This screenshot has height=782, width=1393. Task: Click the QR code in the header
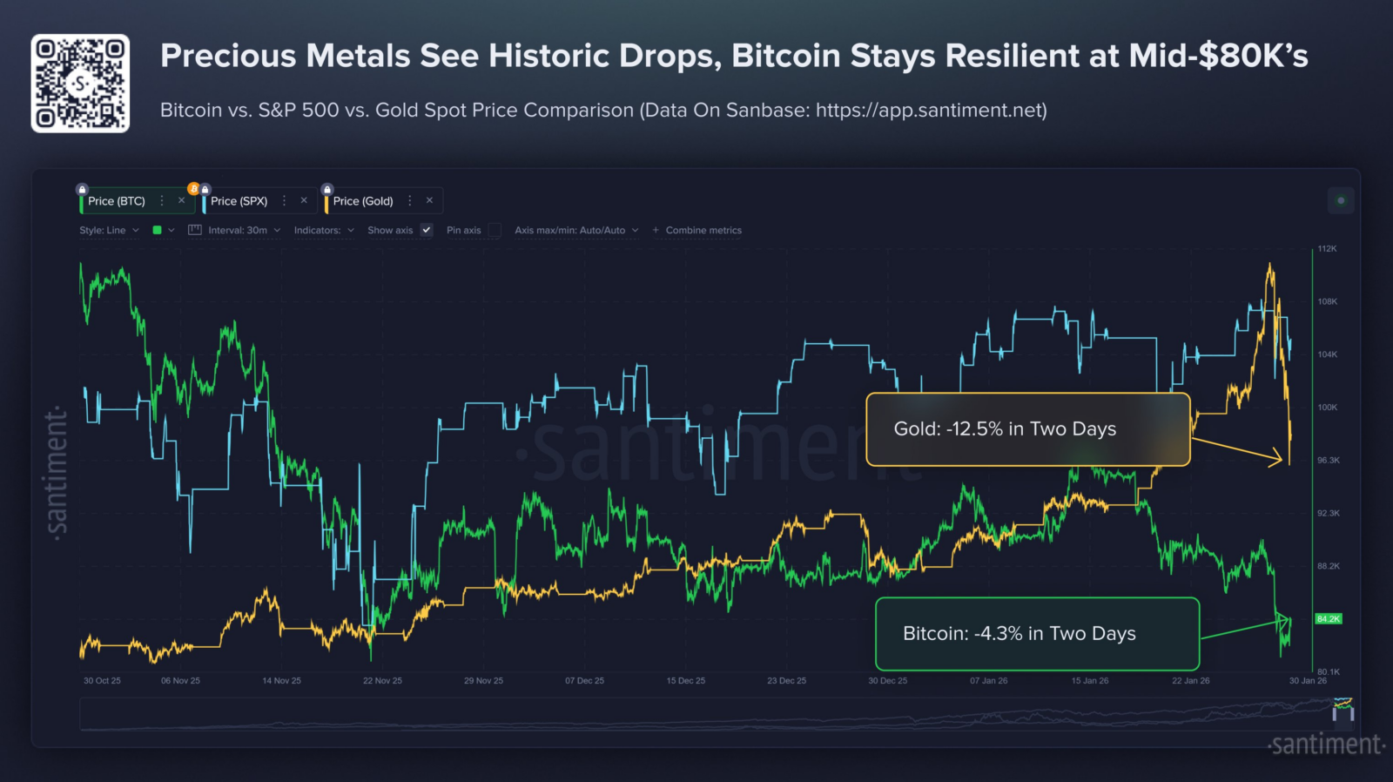click(x=80, y=84)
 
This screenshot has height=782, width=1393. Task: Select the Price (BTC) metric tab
click(x=117, y=201)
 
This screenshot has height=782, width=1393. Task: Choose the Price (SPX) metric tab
click(x=239, y=201)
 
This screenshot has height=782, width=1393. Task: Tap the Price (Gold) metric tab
click(x=362, y=201)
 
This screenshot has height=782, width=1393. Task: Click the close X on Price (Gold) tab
click(x=429, y=200)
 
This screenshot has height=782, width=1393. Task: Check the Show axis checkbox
click(x=426, y=230)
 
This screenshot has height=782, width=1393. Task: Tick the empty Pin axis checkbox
click(x=495, y=230)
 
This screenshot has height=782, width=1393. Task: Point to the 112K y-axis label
click(x=1327, y=248)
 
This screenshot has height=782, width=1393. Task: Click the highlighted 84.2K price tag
click(x=1329, y=618)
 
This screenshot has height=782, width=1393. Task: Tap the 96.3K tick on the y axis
click(x=1329, y=460)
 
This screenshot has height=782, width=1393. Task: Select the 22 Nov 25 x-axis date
click(x=382, y=681)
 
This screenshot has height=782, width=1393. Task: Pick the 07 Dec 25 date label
click(x=584, y=681)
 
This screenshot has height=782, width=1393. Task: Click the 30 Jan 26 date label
click(x=1308, y=681)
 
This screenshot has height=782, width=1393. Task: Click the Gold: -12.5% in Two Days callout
click(x=1028, y=429)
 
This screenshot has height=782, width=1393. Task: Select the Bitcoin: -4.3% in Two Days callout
click(x=1037, y=634)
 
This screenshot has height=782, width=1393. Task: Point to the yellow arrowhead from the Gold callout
click(x=1276, y=459)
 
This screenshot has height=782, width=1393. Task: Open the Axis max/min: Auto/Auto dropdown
click(x=576, y=230)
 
